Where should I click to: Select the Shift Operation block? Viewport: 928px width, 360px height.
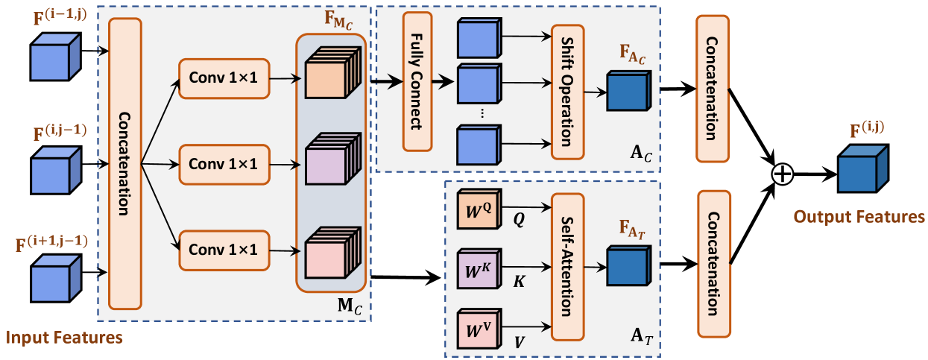click(567, 91)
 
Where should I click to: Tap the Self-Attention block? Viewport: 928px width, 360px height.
click(566, 266)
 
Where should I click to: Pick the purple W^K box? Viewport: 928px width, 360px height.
click(477, 269)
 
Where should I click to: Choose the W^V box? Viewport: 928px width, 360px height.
click(477, 327)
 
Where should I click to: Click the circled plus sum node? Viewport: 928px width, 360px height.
click(781, 174)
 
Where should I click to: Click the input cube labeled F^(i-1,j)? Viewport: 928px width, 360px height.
click(51, 60)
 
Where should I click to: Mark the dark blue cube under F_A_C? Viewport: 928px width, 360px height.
click(629, 89)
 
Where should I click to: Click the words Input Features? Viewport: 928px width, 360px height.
click(64, 338)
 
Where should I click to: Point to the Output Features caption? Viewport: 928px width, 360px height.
click(859, 217)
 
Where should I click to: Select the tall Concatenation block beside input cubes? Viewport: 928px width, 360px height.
click(124, 163)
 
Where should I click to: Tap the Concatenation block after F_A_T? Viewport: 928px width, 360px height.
click(713, 263)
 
